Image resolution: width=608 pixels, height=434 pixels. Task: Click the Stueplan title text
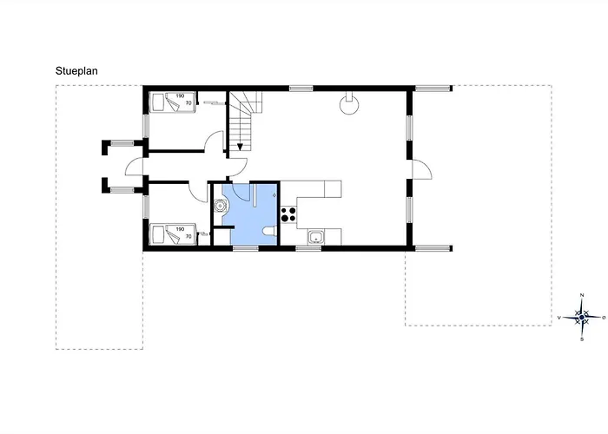pos(76,71)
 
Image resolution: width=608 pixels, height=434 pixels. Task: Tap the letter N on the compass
pos(582,296)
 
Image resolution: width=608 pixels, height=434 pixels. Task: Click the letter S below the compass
pos(582,339)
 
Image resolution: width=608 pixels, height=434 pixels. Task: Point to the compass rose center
pos(582,318)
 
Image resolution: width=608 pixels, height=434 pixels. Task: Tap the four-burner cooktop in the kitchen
pos(288,214)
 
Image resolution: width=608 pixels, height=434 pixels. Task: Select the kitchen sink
pos(317,237)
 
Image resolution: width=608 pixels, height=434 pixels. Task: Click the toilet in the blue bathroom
pos(269,231)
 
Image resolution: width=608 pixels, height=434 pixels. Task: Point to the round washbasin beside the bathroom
pos(221,206)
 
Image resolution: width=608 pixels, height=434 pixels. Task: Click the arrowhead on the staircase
pos(240,147)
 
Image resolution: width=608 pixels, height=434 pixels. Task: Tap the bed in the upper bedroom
pos(172,102)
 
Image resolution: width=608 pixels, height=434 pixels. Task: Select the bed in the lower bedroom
pos(172,234)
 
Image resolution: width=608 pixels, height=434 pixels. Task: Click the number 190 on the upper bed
pos(180,96)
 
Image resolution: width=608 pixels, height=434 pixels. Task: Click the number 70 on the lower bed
pos(188,236)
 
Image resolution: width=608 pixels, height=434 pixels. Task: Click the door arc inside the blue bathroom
pos(237,194)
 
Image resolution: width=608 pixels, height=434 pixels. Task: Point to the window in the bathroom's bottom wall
pos(246,248)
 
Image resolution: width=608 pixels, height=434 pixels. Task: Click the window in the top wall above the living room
pos(301,89)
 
